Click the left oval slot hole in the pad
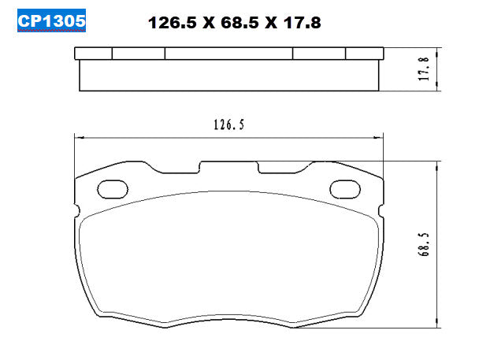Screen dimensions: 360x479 coord(112,189)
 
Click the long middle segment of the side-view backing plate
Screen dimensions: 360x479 coord(228,54)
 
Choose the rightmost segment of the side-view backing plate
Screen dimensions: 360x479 coord(365,54)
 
